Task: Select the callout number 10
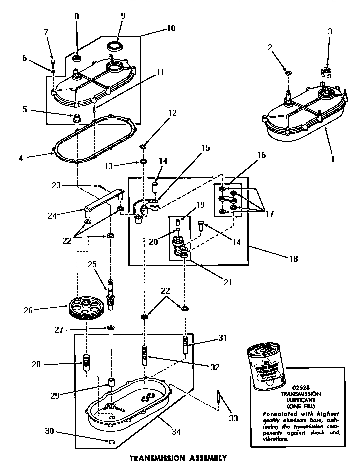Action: pyautogui.click(x=171, y=29)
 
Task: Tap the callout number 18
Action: pyautogui.click(x=293, y=259)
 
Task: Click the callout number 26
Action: pyautogui.click(x=28, y=310)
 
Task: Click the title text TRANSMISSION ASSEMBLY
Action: pyautogui.click(x=178, y=457)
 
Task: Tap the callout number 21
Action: pyautogui.click(x=228, y=282)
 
